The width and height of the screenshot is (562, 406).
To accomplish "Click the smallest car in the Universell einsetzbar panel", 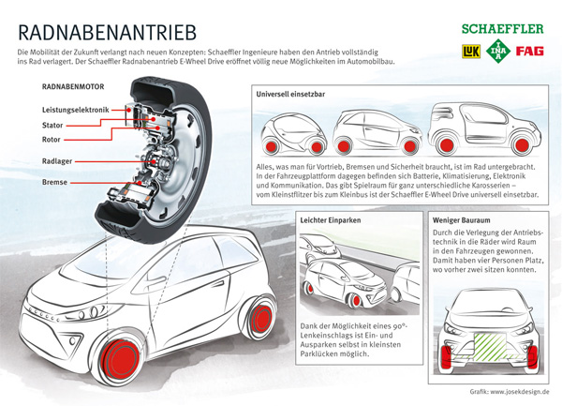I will click(291, 136).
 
